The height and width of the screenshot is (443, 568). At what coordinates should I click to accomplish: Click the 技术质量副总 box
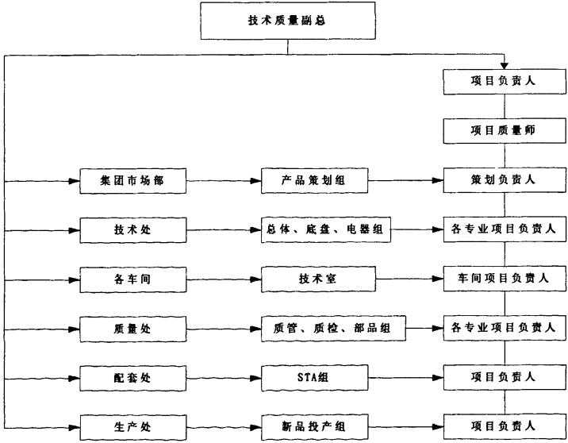click(288, 21)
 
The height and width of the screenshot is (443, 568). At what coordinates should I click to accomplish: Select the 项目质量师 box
click(505, 130)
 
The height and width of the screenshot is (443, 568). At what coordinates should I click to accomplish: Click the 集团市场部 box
click(133, 181)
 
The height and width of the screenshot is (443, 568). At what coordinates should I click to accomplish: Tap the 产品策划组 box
click(314, 180)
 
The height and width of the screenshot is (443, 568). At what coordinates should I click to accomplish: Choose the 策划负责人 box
click(505, 179)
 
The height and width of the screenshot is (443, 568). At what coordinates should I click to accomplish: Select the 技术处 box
click(133, 230)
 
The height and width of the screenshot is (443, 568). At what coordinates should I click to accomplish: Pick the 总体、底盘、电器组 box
click(326, 229)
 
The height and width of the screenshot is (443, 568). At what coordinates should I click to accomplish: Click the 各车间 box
click(133, 279)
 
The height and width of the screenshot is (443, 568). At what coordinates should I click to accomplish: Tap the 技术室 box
click(318, 279)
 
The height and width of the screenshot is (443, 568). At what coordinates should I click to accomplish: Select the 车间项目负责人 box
click(505, 279)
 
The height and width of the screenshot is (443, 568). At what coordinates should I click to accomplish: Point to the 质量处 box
click(133, 329)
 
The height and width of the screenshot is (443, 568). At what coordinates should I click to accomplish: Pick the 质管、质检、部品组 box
click(333, 329)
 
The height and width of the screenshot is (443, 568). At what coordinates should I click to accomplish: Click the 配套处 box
click(133, 379)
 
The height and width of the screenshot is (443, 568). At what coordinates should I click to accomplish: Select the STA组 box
click(314, 378)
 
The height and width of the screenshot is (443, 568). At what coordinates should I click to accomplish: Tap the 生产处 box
click(133, 428)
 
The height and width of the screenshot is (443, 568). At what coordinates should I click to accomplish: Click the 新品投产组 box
click(314, 427)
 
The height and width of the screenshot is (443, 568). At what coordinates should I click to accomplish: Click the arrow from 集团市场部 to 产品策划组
click(224, 180)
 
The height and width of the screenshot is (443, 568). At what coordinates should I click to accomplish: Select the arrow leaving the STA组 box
click(405, 378)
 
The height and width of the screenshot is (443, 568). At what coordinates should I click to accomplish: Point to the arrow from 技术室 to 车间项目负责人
click(409, 279)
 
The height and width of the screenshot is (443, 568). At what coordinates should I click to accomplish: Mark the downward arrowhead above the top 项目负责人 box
click(505, 66)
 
